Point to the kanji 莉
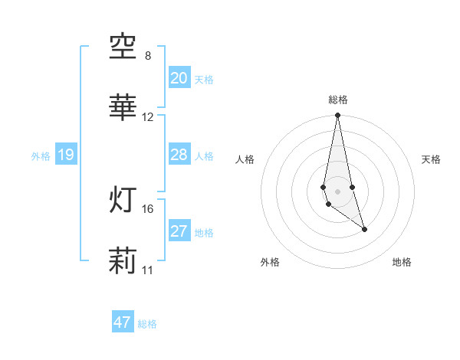(x=123, y=260)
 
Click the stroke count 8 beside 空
(x=148, y=56)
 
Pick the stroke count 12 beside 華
(x=148, y=117)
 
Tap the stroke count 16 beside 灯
(x=148, y=208)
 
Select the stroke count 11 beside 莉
(x=148, y=270)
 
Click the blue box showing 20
(x=179, y=77)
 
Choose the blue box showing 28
(x=179, y=155)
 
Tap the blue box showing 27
(x=179, y=231)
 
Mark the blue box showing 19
(x=65, y=155)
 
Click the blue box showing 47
(x=122, y=322)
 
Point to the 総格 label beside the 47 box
(x=147, y=324)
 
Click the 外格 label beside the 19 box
(x=41, y=156)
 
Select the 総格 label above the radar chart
(x=337, y=100)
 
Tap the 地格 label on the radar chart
(x=402, y=262)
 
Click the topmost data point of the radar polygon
(x=337, y=116)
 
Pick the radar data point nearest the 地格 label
(x=364, y=229)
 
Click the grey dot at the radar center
(x=337, y=191)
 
